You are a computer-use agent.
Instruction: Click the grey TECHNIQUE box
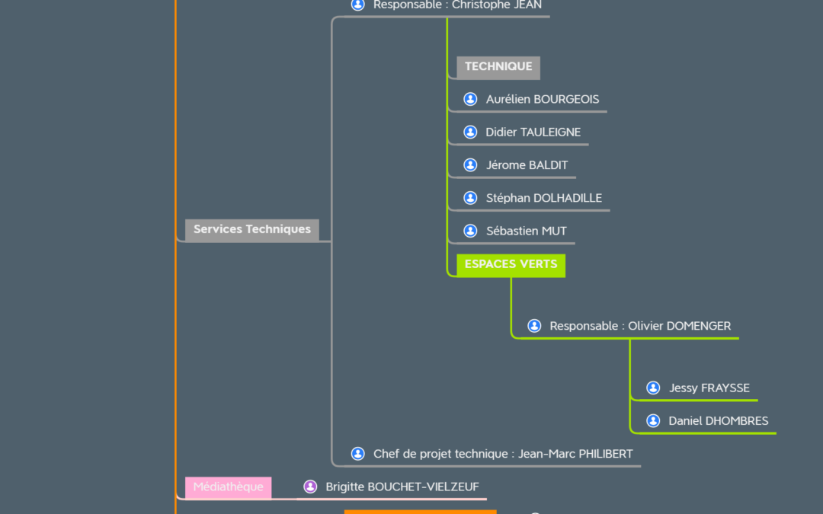(498, 67)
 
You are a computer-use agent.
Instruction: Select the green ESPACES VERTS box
(511, 265)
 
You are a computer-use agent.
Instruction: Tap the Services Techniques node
(251, 229)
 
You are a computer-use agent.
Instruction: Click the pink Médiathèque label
(228, 487)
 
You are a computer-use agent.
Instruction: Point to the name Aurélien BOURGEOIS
(543, 100)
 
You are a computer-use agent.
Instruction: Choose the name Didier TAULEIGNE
(533, 132)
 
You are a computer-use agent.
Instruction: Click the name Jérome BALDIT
(527, 165)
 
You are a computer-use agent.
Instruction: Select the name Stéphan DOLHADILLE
(543, 199)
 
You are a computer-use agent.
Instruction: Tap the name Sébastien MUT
(526, 231)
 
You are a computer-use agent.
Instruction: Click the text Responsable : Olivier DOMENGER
(640, 326)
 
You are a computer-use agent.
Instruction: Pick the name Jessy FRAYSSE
(709, 388)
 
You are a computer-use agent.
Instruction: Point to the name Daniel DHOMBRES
(718, 421)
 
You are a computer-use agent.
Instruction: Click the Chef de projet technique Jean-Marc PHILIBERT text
(503, 454)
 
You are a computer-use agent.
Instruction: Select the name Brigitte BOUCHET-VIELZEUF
(402, 487)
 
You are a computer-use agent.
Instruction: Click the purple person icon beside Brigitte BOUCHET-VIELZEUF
(310, 487)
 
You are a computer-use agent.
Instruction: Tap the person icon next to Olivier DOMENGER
(534, 326)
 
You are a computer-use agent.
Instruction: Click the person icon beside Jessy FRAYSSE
(653, 388)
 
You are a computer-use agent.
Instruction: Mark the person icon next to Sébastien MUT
(470, 231)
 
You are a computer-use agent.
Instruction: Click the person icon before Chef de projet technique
(357, 454)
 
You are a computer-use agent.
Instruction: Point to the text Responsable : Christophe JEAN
(457, 5)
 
